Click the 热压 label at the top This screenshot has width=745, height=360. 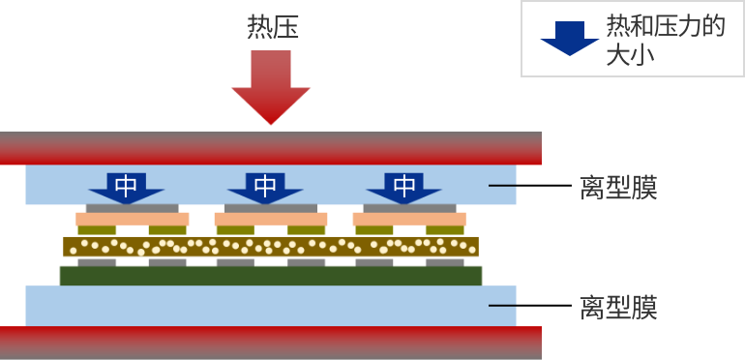click(x=273, y=27)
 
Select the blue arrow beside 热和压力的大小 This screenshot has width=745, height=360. click(x=569, y=38)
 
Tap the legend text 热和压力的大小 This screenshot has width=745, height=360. click(x=665, y=40)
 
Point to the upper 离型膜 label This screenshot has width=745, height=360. click(x=618, y=188)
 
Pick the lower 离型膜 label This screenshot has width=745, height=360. click(x=618, y=308)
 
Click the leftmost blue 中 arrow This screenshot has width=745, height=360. click(x=127, y=187)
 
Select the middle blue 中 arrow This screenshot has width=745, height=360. click(x=265, y=187)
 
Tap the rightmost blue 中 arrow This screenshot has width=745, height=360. click(x=404, y=187)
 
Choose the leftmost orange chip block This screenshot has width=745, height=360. click(x=133, y=220)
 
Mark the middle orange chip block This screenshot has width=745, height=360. click(x=271, y=220)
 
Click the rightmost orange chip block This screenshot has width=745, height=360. click(x=409, y=220)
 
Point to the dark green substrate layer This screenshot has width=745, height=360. click(x=271, y=276)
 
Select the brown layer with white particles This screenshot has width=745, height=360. click(x=271, y=247)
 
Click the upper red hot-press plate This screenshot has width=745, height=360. click(x=271, y=148)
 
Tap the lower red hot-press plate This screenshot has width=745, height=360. click(x=271, y=343)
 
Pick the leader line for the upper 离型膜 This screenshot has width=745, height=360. click(x=502, y=185)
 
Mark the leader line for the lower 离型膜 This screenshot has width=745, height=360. click(x=502, y=306)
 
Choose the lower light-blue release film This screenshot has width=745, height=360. click(x=271, y=306)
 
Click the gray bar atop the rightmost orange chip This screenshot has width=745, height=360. click(x=409, y=208)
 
